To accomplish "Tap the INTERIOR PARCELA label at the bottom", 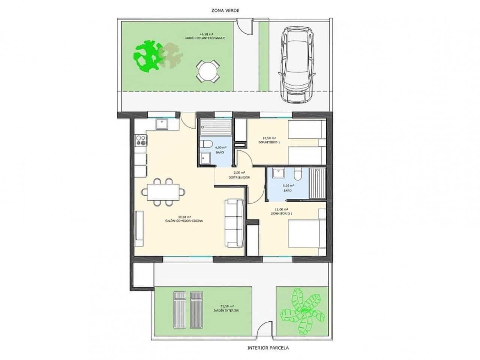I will (268, 348).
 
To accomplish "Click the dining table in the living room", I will (163, 192).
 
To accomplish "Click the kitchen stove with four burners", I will (141, 141).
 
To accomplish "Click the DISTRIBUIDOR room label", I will (239, 177).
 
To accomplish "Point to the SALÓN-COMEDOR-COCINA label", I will (184, 221).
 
